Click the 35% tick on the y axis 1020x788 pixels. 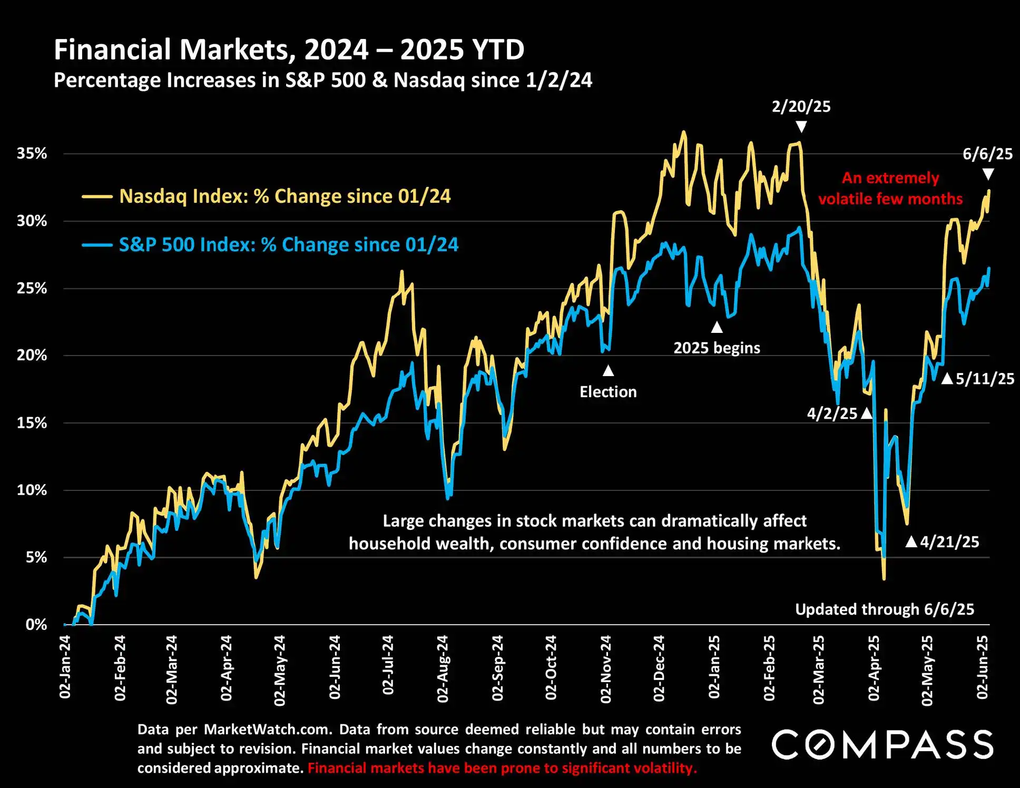32,154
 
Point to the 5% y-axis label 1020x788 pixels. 36,557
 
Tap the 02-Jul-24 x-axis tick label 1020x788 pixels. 388,665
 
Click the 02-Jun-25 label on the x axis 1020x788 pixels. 982,667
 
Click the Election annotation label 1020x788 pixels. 608,392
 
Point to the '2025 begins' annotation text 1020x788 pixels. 717,348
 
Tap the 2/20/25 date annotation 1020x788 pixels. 801,107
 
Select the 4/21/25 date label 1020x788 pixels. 949,542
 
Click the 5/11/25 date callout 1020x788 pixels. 985,379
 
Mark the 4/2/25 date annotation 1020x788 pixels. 832,413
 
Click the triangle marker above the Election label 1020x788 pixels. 608,371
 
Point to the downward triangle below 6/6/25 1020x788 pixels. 988,174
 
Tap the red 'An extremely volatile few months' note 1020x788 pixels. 890,189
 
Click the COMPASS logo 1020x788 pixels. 882,745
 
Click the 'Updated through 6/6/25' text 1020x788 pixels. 884,609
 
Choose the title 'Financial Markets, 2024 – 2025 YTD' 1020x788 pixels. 289,50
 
